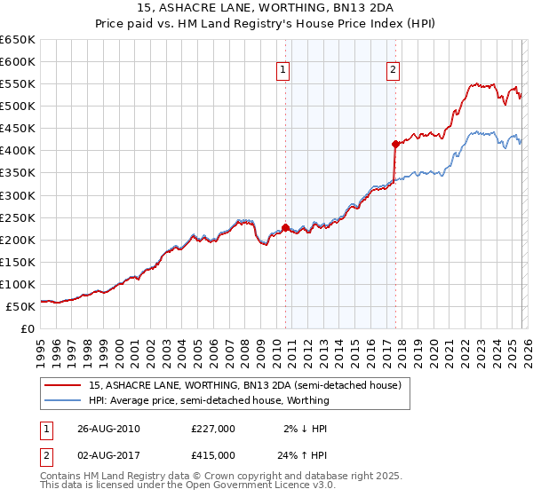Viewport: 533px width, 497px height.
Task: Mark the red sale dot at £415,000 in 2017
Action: [394, 143]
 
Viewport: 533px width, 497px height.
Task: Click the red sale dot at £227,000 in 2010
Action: [285, 227]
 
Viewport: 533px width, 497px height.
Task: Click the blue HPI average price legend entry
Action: [209, 400]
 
